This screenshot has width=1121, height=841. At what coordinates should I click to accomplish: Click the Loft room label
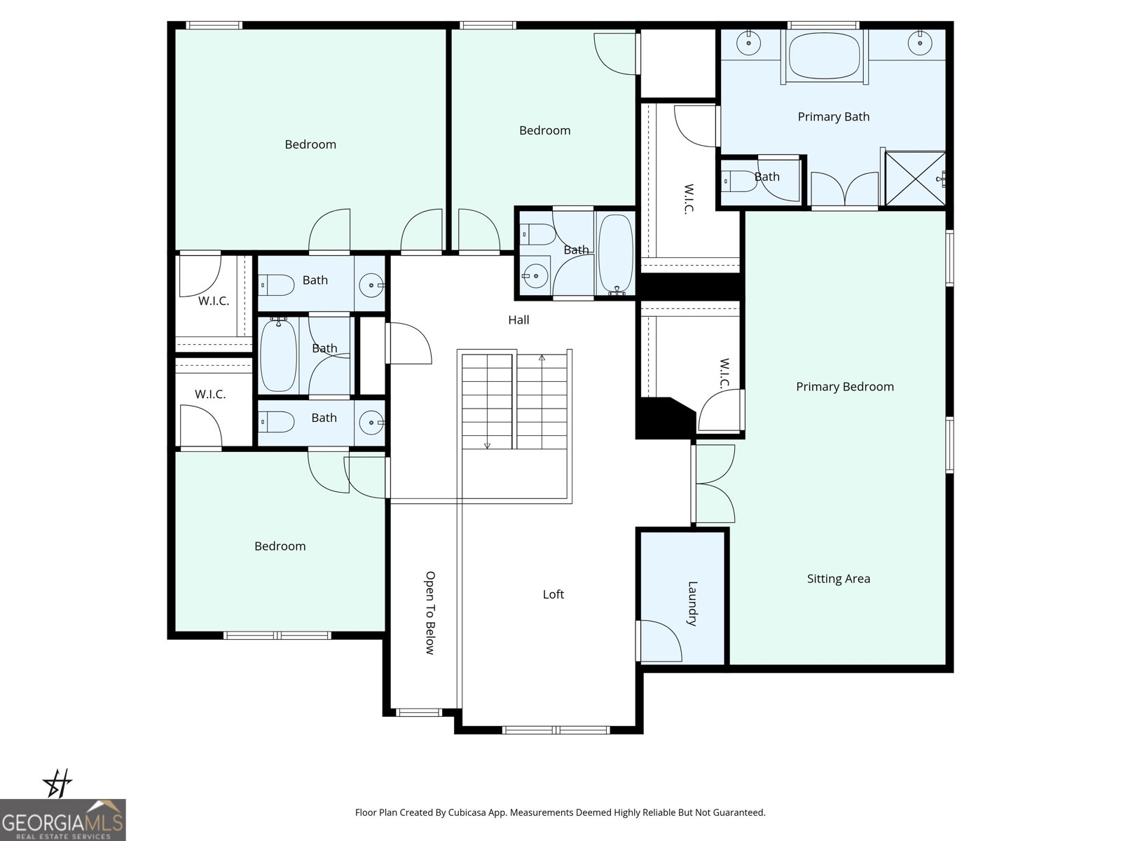[553, 594]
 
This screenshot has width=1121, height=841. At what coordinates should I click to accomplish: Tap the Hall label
[518, 320]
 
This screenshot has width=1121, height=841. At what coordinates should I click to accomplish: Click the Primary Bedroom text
[844, 387]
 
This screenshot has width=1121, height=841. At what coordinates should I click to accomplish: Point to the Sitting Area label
[838, 579]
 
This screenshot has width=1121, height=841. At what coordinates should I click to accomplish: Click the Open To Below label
[430, 613]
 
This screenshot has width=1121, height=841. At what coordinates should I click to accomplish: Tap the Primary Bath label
[833, 117]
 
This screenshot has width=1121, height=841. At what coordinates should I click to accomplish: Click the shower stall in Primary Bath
[915, 179]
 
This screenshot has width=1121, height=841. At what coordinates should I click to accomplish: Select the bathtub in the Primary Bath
[824, 56]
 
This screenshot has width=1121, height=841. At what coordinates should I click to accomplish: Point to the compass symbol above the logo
[57, 783]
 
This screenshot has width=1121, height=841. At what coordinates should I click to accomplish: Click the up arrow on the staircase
[542, 358]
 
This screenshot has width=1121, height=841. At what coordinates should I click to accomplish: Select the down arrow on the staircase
[487, 444]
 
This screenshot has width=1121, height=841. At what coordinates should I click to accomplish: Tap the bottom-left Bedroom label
[280, 547]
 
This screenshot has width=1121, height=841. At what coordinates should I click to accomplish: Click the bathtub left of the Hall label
[278, 354]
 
